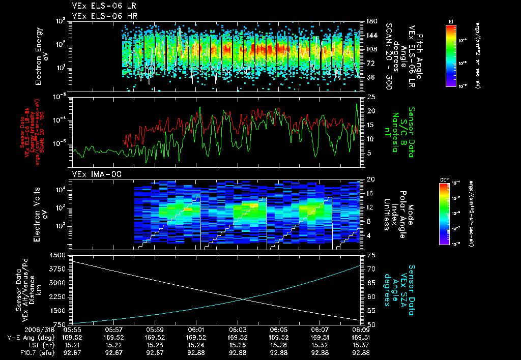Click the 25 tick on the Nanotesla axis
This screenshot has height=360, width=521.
click(371, 97)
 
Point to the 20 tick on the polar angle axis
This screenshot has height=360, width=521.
click(371, 179)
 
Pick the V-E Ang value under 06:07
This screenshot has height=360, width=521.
click(320, 337)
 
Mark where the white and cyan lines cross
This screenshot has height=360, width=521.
click(245, 299)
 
